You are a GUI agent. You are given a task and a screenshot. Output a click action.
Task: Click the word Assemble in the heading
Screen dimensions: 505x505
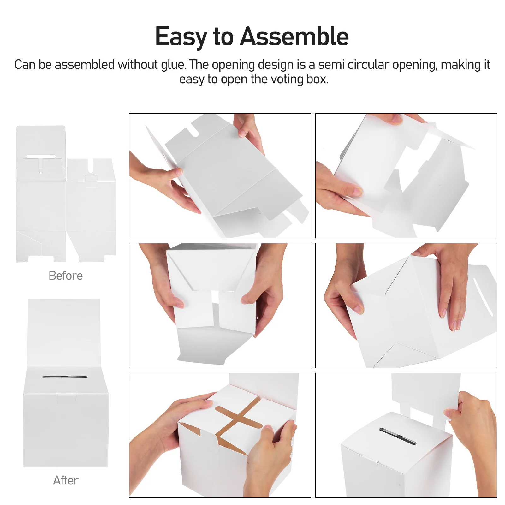294,37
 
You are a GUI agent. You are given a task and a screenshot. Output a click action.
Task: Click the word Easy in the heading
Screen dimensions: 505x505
181,37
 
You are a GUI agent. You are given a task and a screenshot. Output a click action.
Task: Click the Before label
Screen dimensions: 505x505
66,276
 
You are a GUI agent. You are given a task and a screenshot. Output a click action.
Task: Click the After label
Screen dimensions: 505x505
66,480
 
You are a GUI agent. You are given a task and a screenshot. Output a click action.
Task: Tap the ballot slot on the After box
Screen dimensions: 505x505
64,377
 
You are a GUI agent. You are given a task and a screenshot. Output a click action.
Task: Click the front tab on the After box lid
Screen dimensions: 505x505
66,399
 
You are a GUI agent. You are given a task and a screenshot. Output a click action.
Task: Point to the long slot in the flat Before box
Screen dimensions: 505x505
40,156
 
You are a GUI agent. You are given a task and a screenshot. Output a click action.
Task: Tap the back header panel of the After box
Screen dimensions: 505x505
64,331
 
